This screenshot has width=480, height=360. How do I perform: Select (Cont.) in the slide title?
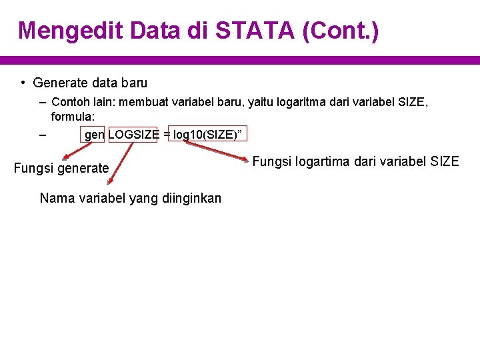[x=340, y=31]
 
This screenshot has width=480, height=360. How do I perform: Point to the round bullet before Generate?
[x=23, y=83]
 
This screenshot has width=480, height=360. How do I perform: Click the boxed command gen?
[x=94, y=135]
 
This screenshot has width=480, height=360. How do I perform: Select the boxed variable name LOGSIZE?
[x=133, y=135]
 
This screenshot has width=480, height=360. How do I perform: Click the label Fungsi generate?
[x=61, y=168]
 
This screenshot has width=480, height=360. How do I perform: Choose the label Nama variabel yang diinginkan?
[x=131, y=198]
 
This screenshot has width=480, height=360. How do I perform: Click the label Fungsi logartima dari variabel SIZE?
[x=356, y=161]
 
